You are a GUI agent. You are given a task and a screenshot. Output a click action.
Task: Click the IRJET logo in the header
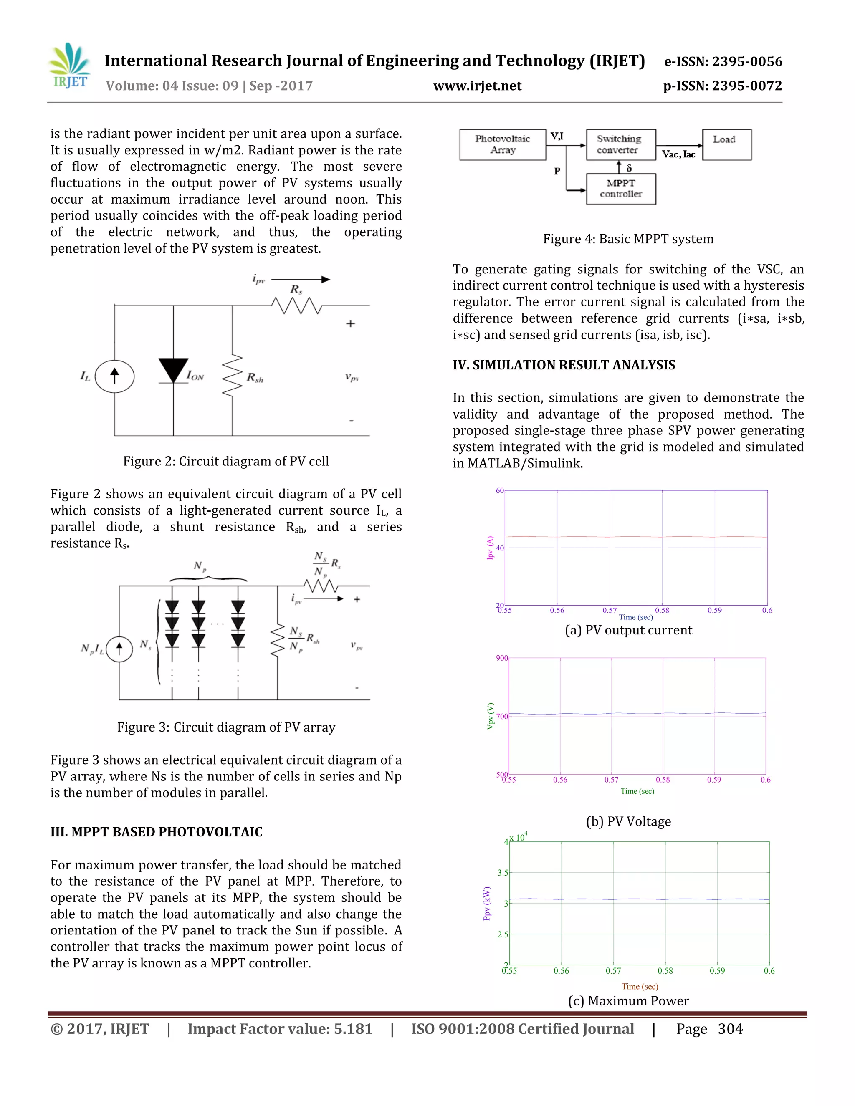70,66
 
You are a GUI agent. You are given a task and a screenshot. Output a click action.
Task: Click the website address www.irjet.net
477,86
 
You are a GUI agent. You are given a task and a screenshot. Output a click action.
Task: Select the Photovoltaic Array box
503,144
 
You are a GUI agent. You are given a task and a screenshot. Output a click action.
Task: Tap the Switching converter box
620,144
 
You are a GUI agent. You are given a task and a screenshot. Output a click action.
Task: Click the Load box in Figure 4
726,144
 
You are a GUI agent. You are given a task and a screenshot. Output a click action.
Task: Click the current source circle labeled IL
114,376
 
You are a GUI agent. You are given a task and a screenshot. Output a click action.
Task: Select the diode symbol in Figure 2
173,370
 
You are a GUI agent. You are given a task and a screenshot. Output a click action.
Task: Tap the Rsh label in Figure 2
255,378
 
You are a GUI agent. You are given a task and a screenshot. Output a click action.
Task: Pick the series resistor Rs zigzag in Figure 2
296,306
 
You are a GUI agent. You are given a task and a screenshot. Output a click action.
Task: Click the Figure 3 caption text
226,727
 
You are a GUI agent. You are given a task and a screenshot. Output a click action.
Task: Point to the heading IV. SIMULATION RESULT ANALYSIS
564,365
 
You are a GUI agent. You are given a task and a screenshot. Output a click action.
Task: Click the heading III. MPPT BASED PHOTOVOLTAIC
157,832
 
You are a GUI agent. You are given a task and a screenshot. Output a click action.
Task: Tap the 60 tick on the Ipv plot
499,491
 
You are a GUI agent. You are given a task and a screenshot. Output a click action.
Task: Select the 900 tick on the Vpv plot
501,658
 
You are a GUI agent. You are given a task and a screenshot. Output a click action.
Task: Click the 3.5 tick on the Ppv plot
503,873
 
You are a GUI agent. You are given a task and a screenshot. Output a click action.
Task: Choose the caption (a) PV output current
628,631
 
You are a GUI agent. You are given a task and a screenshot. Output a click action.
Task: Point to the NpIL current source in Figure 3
119,649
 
